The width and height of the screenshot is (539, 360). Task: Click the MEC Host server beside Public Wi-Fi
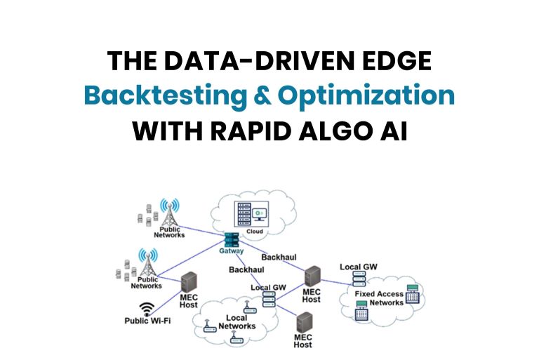[189, 284]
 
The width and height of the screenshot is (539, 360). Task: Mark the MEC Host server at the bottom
[303, 324]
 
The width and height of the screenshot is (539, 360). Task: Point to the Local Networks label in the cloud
[237, 322]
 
